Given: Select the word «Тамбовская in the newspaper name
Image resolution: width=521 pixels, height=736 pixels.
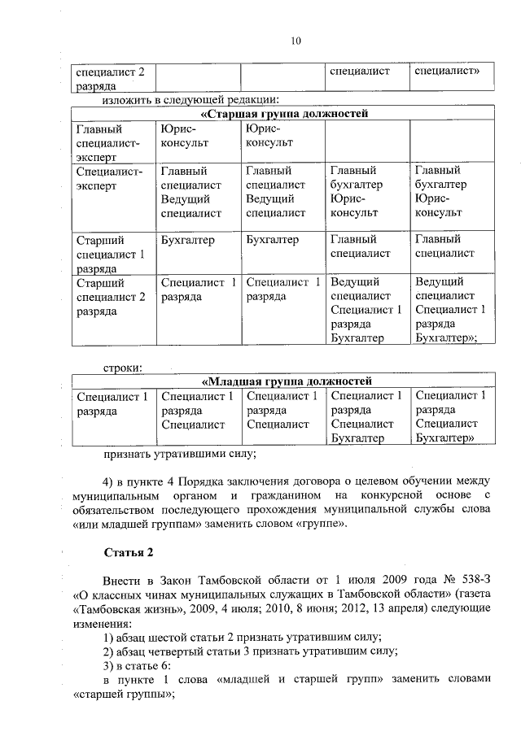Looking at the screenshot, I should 106,608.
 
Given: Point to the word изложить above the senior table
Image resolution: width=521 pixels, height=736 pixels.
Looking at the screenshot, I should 129,101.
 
